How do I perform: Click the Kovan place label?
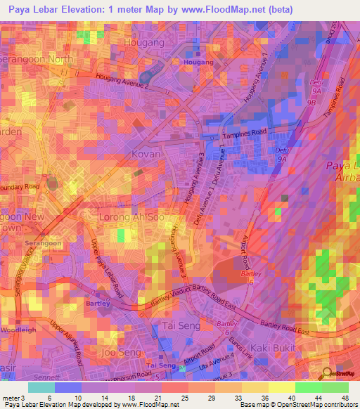point(146,153)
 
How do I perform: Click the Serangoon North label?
point(35,60)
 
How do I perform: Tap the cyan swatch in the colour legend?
point(41,387)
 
